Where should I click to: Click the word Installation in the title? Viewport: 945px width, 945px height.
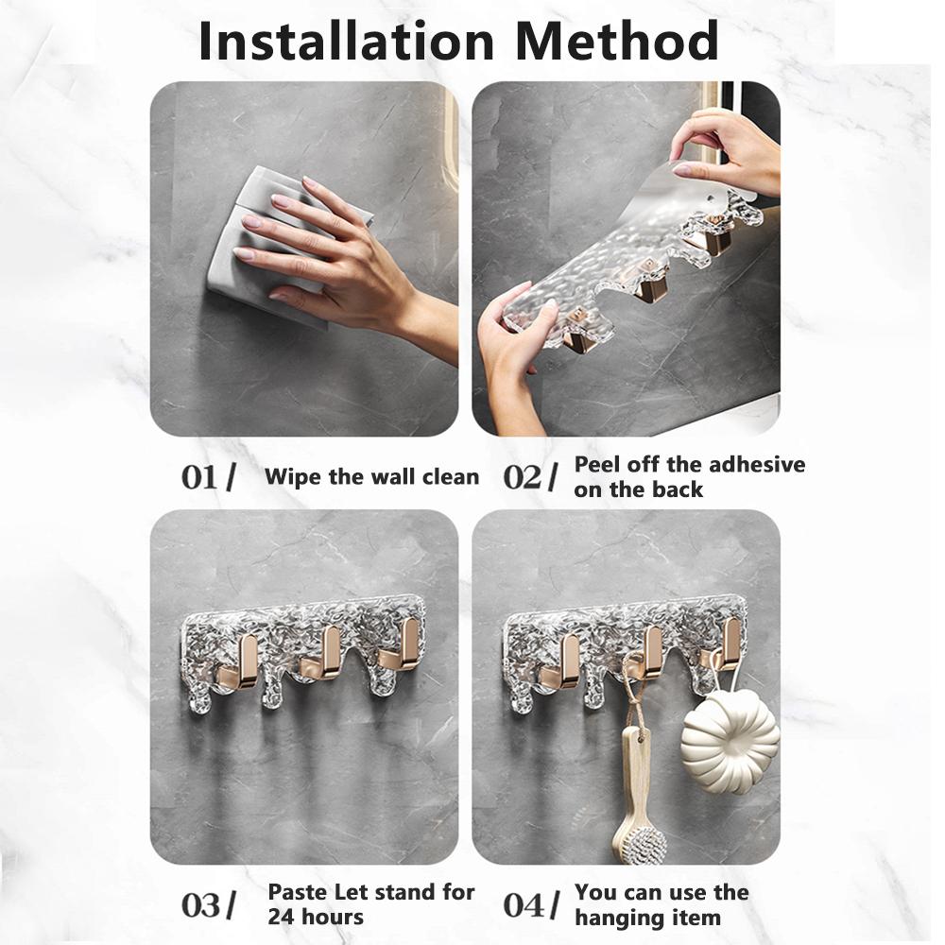[x=346, y=41]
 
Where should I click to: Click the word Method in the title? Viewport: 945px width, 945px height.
[x=616, y=41]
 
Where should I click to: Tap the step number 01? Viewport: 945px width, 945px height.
[x=198, y=477]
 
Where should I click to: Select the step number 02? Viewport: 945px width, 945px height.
[x=522, y=477]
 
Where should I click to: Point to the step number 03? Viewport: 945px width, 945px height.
[x=200, y=905]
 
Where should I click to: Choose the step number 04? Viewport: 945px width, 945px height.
[x=523, y=905]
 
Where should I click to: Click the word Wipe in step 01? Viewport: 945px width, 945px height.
[x=294, y=476]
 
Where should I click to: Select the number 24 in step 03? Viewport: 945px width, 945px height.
[x=281, y=918]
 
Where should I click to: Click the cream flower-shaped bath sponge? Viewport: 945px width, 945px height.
[x=730, y=742]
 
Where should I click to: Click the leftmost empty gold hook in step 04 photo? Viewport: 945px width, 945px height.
[x=561, y=664]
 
